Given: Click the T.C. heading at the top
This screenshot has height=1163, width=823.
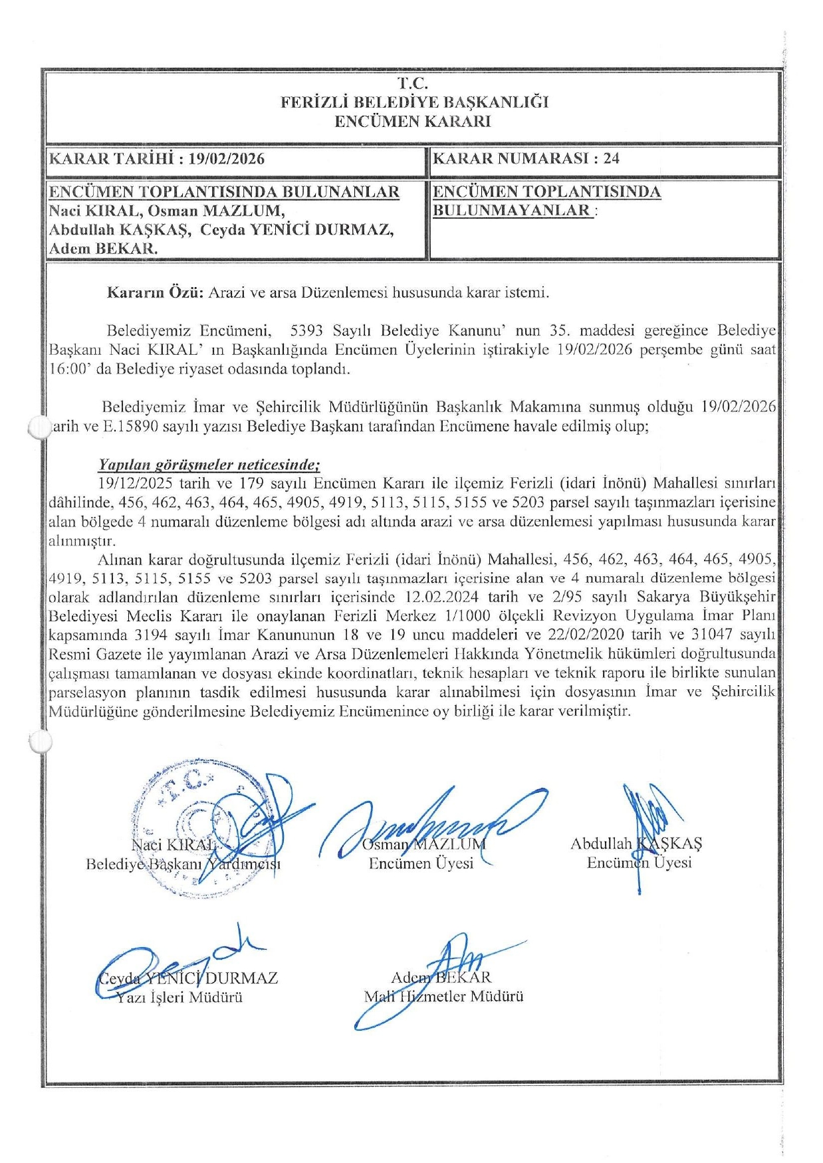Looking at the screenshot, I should tap(412, 84).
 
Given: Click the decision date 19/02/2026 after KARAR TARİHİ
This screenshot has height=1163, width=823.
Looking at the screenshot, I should tap(226, 159).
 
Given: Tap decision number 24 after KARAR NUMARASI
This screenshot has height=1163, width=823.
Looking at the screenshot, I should tap(611, 158).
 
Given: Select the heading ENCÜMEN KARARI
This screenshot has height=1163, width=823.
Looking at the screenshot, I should tap(412, 122).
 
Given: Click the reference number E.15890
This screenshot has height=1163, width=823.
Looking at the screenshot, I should tap(130, 426).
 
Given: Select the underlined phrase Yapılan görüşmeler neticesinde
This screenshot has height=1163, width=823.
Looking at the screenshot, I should tap(209, 465).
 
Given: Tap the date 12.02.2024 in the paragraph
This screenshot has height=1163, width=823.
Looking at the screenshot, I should tap(441, 597).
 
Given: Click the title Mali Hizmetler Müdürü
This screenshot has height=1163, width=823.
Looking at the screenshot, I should tap(443, 996).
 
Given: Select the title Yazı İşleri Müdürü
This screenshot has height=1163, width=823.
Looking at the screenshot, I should tap(179, 997).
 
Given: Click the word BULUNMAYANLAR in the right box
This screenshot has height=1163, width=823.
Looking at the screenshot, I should tap(512, 211).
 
